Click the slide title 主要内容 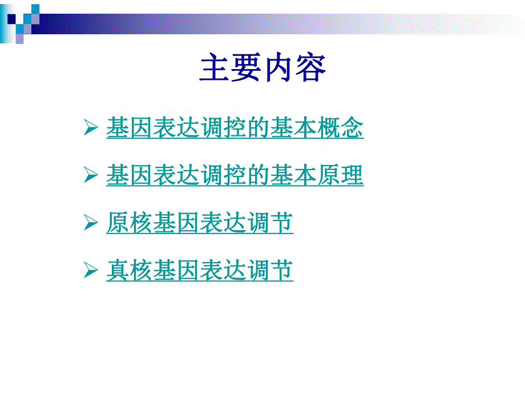click(262, 69)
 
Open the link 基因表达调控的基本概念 click(235, 128)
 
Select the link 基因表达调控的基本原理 click(235, 175)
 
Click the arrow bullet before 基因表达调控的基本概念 click(90, 128)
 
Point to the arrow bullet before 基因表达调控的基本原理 click(90, 176)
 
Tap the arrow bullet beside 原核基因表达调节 click(90, 223)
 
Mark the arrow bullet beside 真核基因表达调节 click(90, 270)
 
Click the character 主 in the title click(215, 69)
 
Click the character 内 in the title click(279, 69)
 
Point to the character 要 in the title click(247, 69)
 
